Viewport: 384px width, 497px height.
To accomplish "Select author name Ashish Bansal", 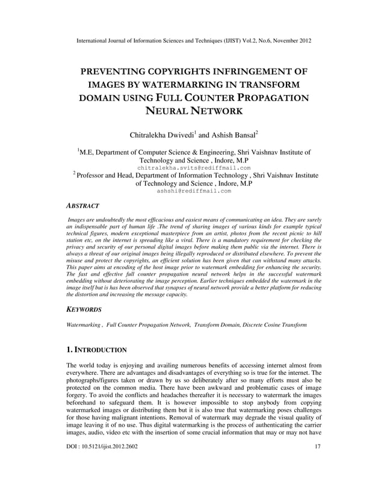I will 232,134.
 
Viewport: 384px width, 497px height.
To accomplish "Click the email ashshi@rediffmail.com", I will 193,191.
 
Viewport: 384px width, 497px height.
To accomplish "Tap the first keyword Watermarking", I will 84,325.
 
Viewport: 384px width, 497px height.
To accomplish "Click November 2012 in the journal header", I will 291,42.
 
